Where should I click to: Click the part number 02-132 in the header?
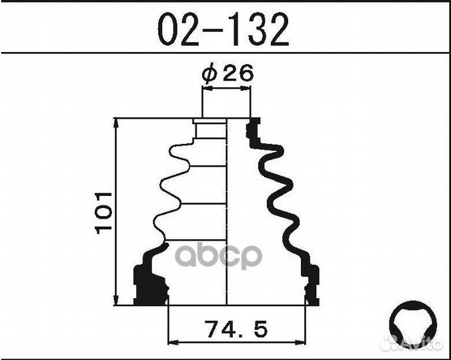(x=223, y=30)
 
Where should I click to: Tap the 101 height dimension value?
(x=103, y=213)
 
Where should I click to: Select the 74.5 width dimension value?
(x=236, y=329)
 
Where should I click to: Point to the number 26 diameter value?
(x=238, y=73)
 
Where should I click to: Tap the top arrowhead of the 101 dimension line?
(x=116, y=123)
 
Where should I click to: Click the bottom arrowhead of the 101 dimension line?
(x=116, y=300)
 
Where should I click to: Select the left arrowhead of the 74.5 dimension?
(x=173, y=343)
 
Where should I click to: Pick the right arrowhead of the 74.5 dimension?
(x=300, y=343)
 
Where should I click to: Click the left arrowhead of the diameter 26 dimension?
(x=207, y=89)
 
